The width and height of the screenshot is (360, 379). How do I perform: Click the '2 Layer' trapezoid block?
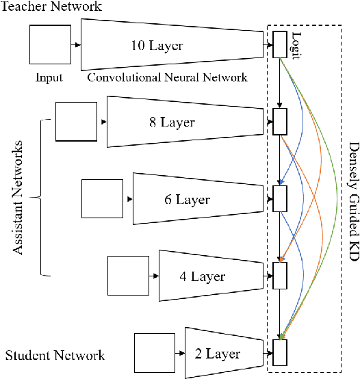(222, 354)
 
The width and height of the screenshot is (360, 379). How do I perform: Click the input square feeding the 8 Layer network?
(75, 122)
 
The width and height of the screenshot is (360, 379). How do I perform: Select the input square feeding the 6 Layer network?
(101, 199)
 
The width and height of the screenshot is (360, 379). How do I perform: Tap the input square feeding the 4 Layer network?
(128, 276)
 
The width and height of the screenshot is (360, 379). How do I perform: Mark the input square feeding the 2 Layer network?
(155, 354)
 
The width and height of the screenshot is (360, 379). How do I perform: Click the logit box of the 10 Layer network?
(279, 44)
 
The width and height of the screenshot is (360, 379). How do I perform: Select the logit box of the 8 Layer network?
(279, 122)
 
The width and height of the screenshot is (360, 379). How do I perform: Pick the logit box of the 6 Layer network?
(279, 199)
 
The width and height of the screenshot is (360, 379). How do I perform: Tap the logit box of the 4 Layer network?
(279, 276)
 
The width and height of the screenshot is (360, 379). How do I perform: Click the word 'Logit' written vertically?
(296, 45)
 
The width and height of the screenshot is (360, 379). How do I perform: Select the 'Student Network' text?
(55, 355)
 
